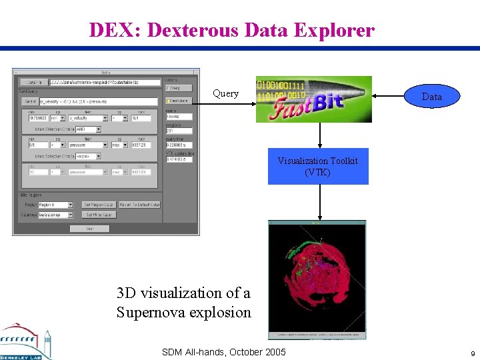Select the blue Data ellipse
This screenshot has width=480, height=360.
click(x=431, y=97)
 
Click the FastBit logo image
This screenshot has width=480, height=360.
click(x=313, y=99)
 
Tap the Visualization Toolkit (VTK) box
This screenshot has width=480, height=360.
click(x=318, y=166)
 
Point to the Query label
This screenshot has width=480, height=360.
click(x=225, y=94)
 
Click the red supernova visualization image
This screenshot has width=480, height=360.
click(x=317, y=279)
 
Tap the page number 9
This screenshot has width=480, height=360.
click(x=472, y=353)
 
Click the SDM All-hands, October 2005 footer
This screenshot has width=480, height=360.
click(x=223, y=352)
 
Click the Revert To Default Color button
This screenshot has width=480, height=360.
click(x=139, y=205)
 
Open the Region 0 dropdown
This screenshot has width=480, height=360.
click(x=55, y=205)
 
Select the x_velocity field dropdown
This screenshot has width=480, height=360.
click(x=87, y=118)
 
